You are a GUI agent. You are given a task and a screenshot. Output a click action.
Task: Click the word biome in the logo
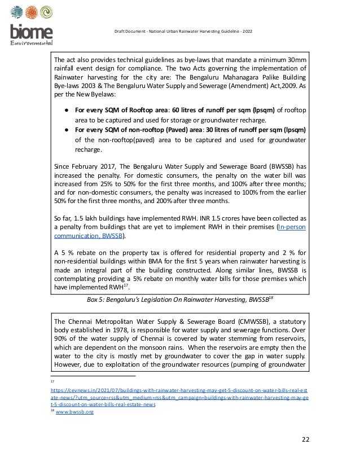(32, 33)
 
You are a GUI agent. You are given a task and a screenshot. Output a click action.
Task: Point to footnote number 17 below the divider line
(52, 381)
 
